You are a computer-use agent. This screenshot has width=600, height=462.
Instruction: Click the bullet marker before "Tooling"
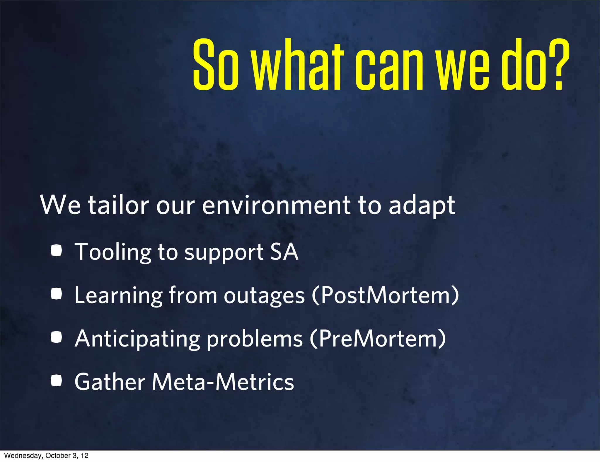click(56, 251)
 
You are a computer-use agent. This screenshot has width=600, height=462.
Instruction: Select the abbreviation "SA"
click(284, 252)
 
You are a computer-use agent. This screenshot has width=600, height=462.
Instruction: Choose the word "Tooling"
click(113, 252)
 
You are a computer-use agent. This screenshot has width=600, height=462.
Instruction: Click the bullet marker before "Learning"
click(56, 294)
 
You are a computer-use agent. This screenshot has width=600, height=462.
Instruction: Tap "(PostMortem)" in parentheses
click(385, 295)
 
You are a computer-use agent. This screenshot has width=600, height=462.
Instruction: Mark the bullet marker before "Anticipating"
click(56, 337)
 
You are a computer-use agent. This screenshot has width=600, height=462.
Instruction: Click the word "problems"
click(255, 339)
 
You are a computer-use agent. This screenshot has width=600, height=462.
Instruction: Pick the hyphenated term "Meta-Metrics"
click(223, 382)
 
